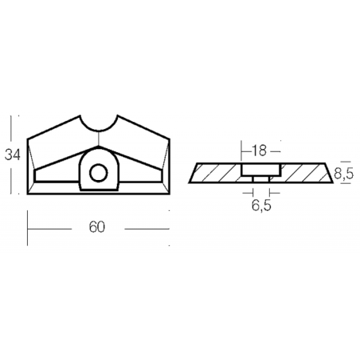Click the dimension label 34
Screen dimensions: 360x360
click(13, 155)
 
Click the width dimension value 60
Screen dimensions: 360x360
click(97, 227)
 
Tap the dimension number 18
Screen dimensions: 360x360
click(259, 151)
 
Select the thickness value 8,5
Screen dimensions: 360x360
click(344, 174)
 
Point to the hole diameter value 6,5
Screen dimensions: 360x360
click(261, 205)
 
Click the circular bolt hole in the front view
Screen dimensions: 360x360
click(99, 173)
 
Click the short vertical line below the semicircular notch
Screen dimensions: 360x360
click(99, 139)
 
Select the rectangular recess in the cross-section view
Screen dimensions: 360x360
click(261, 170)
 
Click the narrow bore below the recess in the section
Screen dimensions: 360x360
click(261, 179)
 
